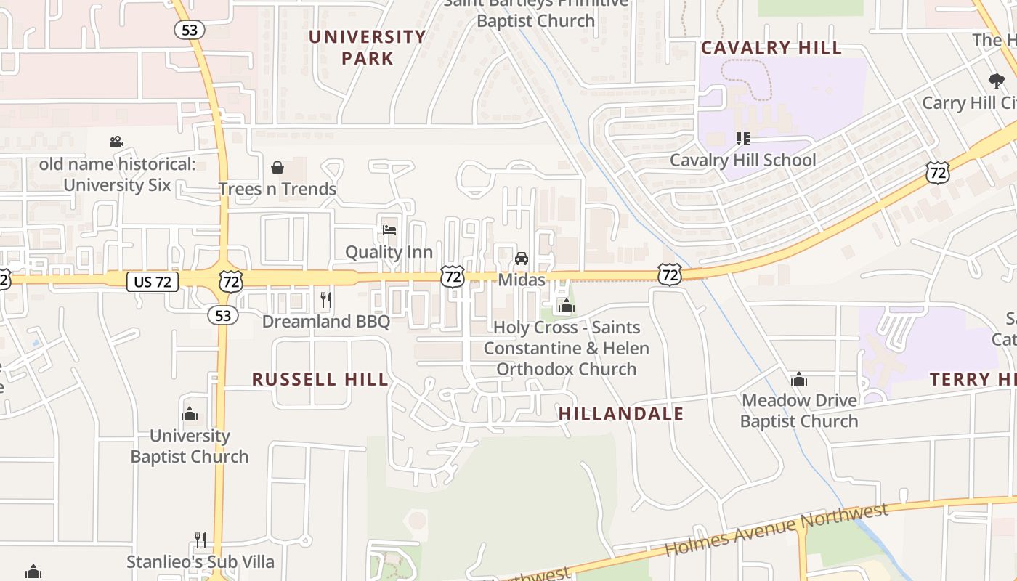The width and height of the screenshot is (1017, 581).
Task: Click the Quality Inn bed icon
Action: tap(389, 230)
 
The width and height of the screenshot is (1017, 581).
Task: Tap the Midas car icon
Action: tap(522, 258)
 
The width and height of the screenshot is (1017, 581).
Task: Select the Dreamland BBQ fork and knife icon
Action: tap(326, 299)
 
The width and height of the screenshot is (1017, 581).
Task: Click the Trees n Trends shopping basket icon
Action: tap(277, 168)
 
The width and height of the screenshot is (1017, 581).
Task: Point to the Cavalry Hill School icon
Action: tap(742, 138)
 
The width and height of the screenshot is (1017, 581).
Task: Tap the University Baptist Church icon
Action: tap(190, 414)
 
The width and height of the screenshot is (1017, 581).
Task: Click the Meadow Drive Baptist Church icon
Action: tap(799, 378)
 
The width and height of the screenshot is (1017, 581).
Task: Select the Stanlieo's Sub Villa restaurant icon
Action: tap(200, 540)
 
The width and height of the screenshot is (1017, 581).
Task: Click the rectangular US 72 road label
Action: tap(153, 282)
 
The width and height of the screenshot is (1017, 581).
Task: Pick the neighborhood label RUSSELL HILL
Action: tap(320, 379)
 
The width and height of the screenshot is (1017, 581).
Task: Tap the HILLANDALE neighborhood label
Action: tap(621, 414)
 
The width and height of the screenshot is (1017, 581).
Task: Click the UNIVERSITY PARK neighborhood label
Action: tap(368, 47)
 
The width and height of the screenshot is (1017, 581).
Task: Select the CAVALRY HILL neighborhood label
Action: tap(771, 48)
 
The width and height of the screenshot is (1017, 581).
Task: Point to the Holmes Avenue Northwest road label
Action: tap(777, 529)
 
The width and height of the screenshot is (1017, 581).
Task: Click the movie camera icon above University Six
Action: tap(116, 142)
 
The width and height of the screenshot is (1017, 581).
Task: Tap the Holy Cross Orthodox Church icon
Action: tap(567, 306)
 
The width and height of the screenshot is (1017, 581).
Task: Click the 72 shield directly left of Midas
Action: tap(452, 276)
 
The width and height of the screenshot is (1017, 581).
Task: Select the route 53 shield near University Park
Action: tap(189, 30)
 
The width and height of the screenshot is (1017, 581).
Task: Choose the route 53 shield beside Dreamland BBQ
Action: tap(223, 314)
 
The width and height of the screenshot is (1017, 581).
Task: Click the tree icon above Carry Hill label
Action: tap(996, 81)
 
